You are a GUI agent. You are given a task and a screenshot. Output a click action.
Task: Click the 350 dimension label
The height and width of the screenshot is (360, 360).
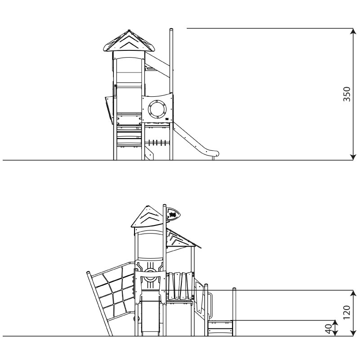coord(346,94)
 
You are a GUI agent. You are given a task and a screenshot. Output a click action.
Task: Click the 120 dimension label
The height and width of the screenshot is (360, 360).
coord(346,312)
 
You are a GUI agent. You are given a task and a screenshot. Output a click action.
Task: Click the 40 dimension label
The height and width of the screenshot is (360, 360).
coord(329,329)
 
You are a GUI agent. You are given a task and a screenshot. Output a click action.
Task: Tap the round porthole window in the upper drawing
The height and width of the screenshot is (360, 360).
coord(157,109)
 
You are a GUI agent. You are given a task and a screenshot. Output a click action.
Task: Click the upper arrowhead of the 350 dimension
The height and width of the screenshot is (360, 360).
coord(353,31)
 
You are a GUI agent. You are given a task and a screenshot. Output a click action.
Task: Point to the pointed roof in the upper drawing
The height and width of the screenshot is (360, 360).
coord(129,41)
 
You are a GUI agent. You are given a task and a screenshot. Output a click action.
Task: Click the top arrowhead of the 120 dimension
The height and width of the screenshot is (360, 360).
coord(354,293)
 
